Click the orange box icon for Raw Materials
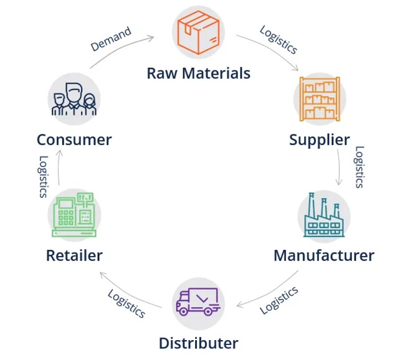pyautogui.click(x=198, y=32)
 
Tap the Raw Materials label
pyautogui.click(x=198, y=73)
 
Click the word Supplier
pyautogui.click(x=319, y=140)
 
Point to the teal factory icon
pyautogui.click(x=324, y=216)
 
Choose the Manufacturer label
pyautogui.click(x=324, y=255)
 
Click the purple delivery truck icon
pyautogui.click(x=198, y=302)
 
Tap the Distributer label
pyautogui.click(x=198, y=343)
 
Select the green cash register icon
pyautogui.click(x=74, y=216)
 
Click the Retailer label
pyautogui.click(x=74, y=255)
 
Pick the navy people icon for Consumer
pyautogui.click(x=74, y=99)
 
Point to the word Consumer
pyautogui.click(x=74, y=140)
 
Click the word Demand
pyautogui.click(x=111, y=39)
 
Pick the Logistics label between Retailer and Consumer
pyautogui.click(x=43, y=177)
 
